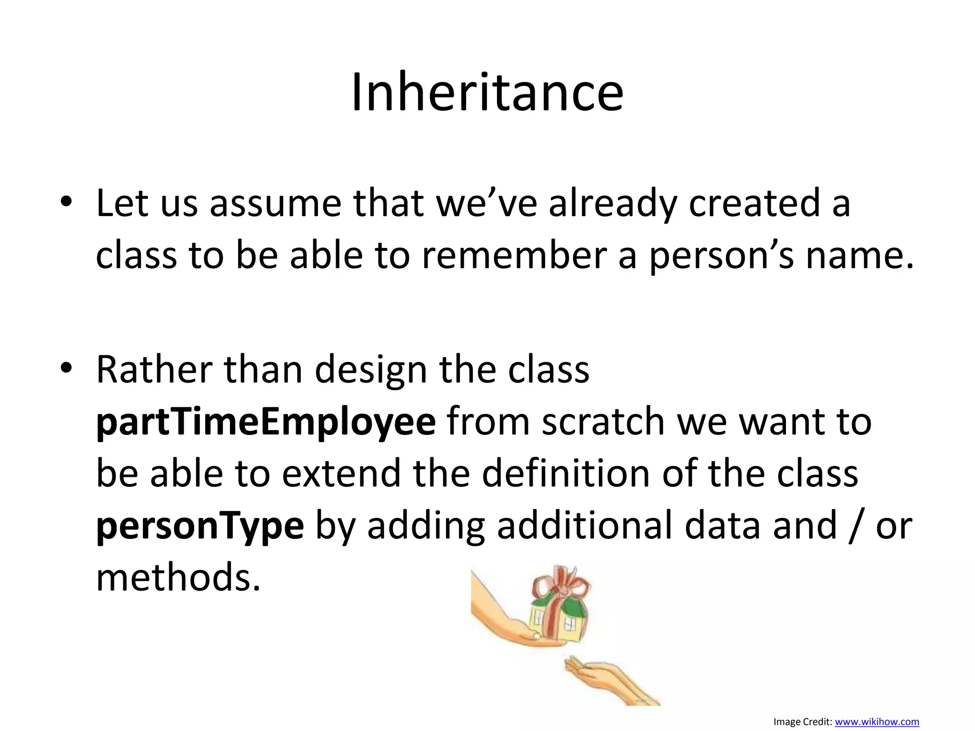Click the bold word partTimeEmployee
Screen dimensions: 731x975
266,422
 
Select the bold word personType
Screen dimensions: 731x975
200,525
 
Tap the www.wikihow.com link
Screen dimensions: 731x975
877,722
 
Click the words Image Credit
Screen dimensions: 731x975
803,722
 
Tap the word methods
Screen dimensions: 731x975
178,577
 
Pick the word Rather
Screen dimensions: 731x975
154,370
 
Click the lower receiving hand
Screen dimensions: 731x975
609,681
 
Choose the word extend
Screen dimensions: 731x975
341,474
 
